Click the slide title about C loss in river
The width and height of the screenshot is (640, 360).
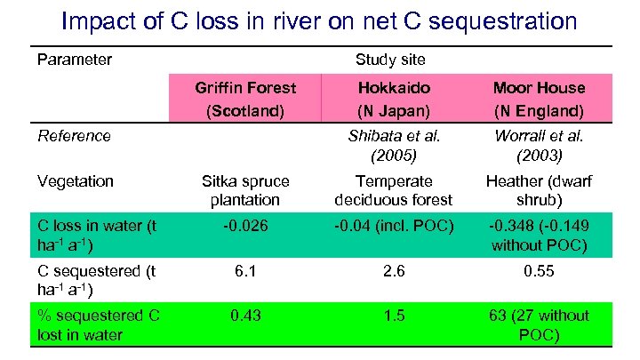click(x=319, y=21)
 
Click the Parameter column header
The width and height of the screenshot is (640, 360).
click(x=75, y=60)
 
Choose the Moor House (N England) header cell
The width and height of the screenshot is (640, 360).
click(x=539, y=100)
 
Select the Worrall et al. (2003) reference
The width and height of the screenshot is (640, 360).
click(x=539, y=145)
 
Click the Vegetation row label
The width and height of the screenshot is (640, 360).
click(x=76, y=181)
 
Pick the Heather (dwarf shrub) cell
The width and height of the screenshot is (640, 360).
click(x=539, y=190)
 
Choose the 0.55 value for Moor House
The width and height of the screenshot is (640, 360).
click(x=539, y=271)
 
